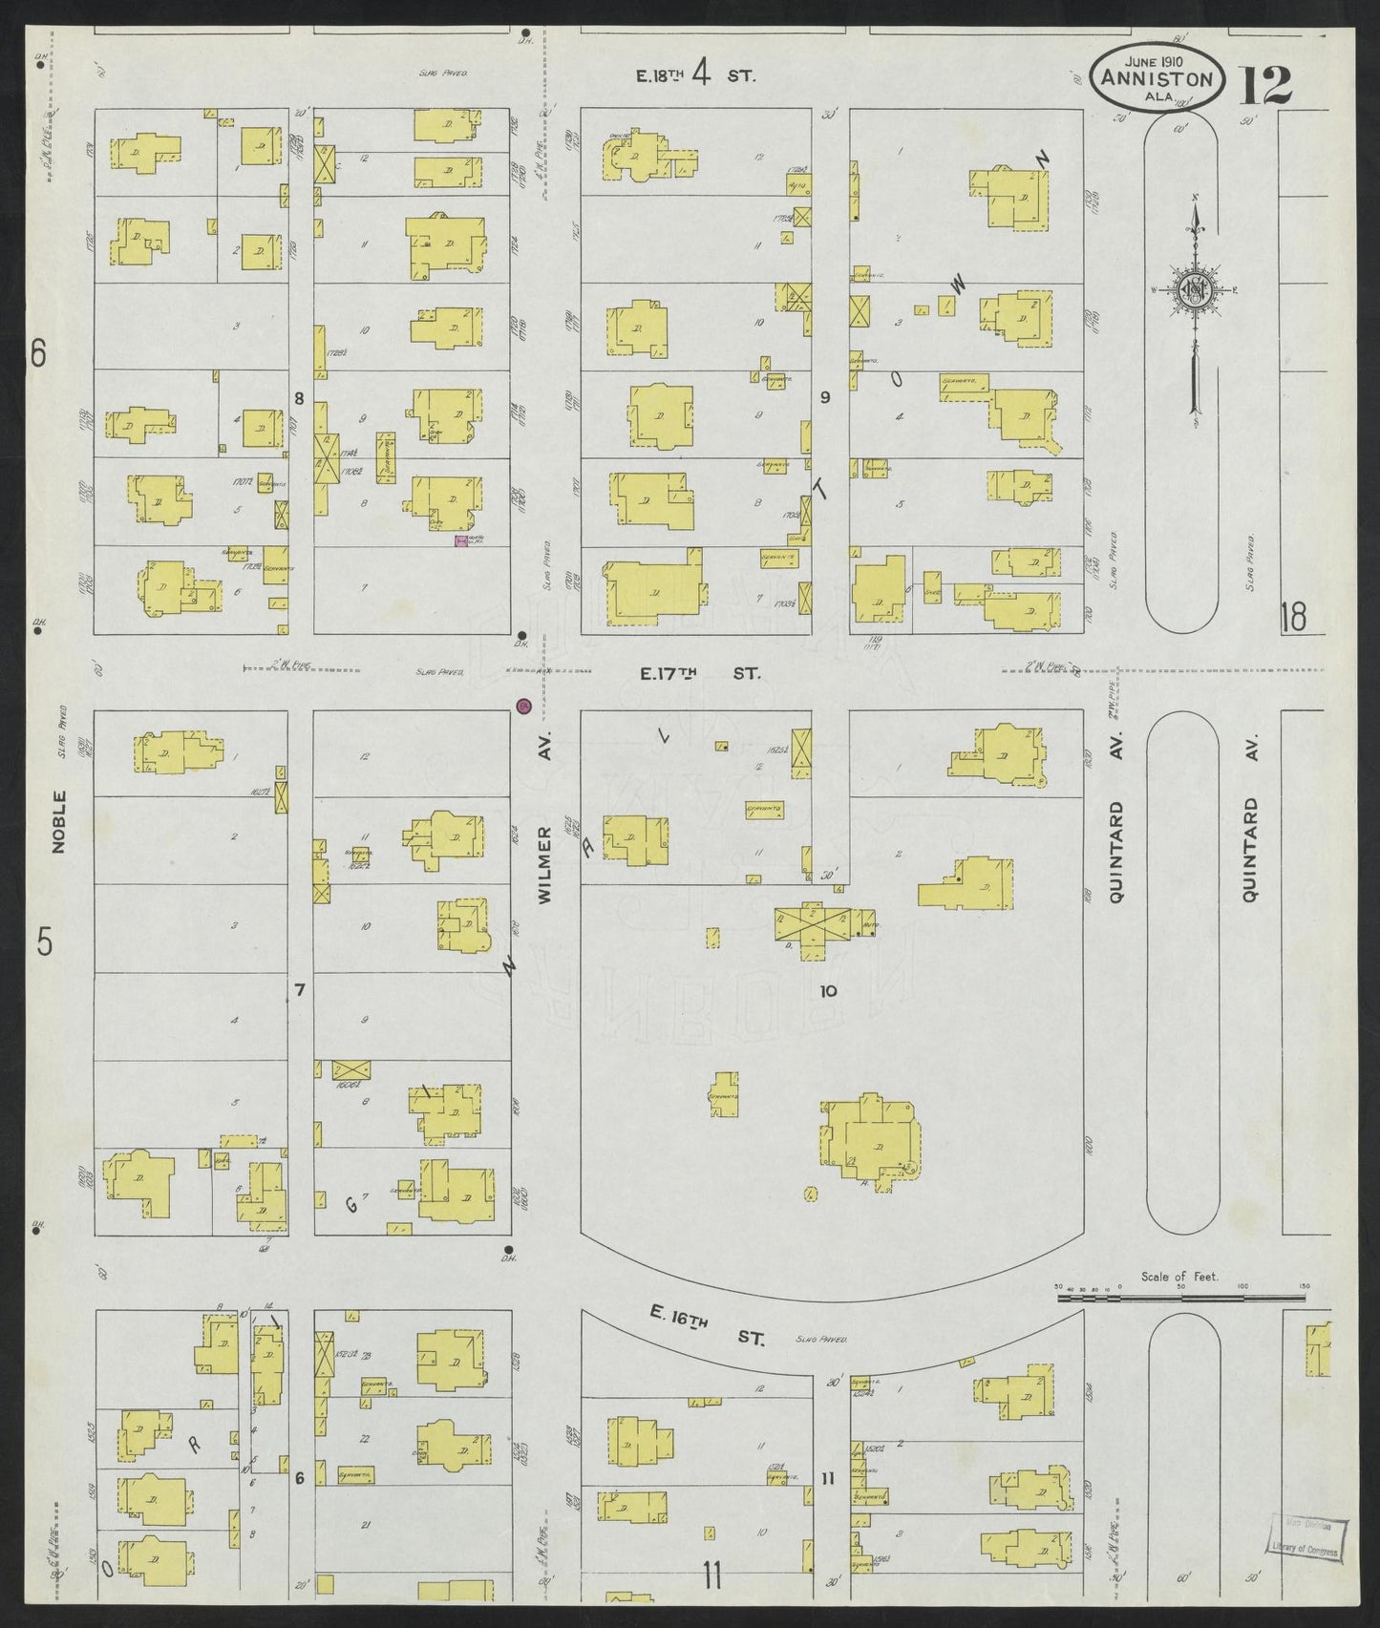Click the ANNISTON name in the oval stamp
tap(1157, 80)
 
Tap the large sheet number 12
tap(1266, 85)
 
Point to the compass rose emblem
tap(1194, 291)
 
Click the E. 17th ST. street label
tap(699, 674)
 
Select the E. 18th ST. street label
tap(696, 74)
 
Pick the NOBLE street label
tap(60, 821)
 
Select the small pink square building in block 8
tap(460, 541)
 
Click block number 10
tap(828, 991)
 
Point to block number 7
tap(299, 991)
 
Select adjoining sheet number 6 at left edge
tap(37, 354)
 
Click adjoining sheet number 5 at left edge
tap(43, 942)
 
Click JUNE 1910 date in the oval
tap(1156, 59)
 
